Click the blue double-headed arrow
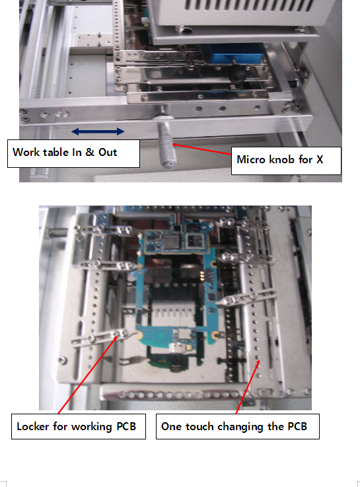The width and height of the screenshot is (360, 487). pyautogui.click(x=98, y=131)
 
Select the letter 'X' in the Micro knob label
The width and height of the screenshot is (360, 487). pyautogui.click(x=320, y=159)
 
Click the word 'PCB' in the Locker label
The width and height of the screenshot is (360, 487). pyautogui.click(x=126, y=426)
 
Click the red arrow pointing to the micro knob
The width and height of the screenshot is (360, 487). pyautogui.click(x=201, y=149)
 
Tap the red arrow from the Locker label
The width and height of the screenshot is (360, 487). pyautogui.click(x=88, y=375)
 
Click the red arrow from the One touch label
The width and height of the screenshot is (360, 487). pyautogui.click(x=248, y=387)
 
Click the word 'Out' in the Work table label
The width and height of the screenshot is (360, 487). pyautogui.click(x=108, y=152)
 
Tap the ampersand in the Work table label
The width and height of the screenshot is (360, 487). pyautogui.click(x=90, y=152)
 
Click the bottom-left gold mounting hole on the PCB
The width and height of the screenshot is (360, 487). pyautogui.click(x=139, y=335)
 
